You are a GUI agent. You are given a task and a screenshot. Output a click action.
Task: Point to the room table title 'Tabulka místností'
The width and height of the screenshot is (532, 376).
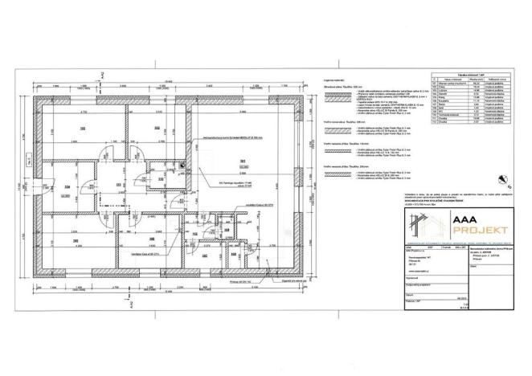(471, 72)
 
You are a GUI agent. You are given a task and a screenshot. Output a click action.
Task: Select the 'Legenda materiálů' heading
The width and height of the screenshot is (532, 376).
(334, 80)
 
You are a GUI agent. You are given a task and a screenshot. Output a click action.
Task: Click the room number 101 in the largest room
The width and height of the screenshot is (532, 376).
(242, 163)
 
